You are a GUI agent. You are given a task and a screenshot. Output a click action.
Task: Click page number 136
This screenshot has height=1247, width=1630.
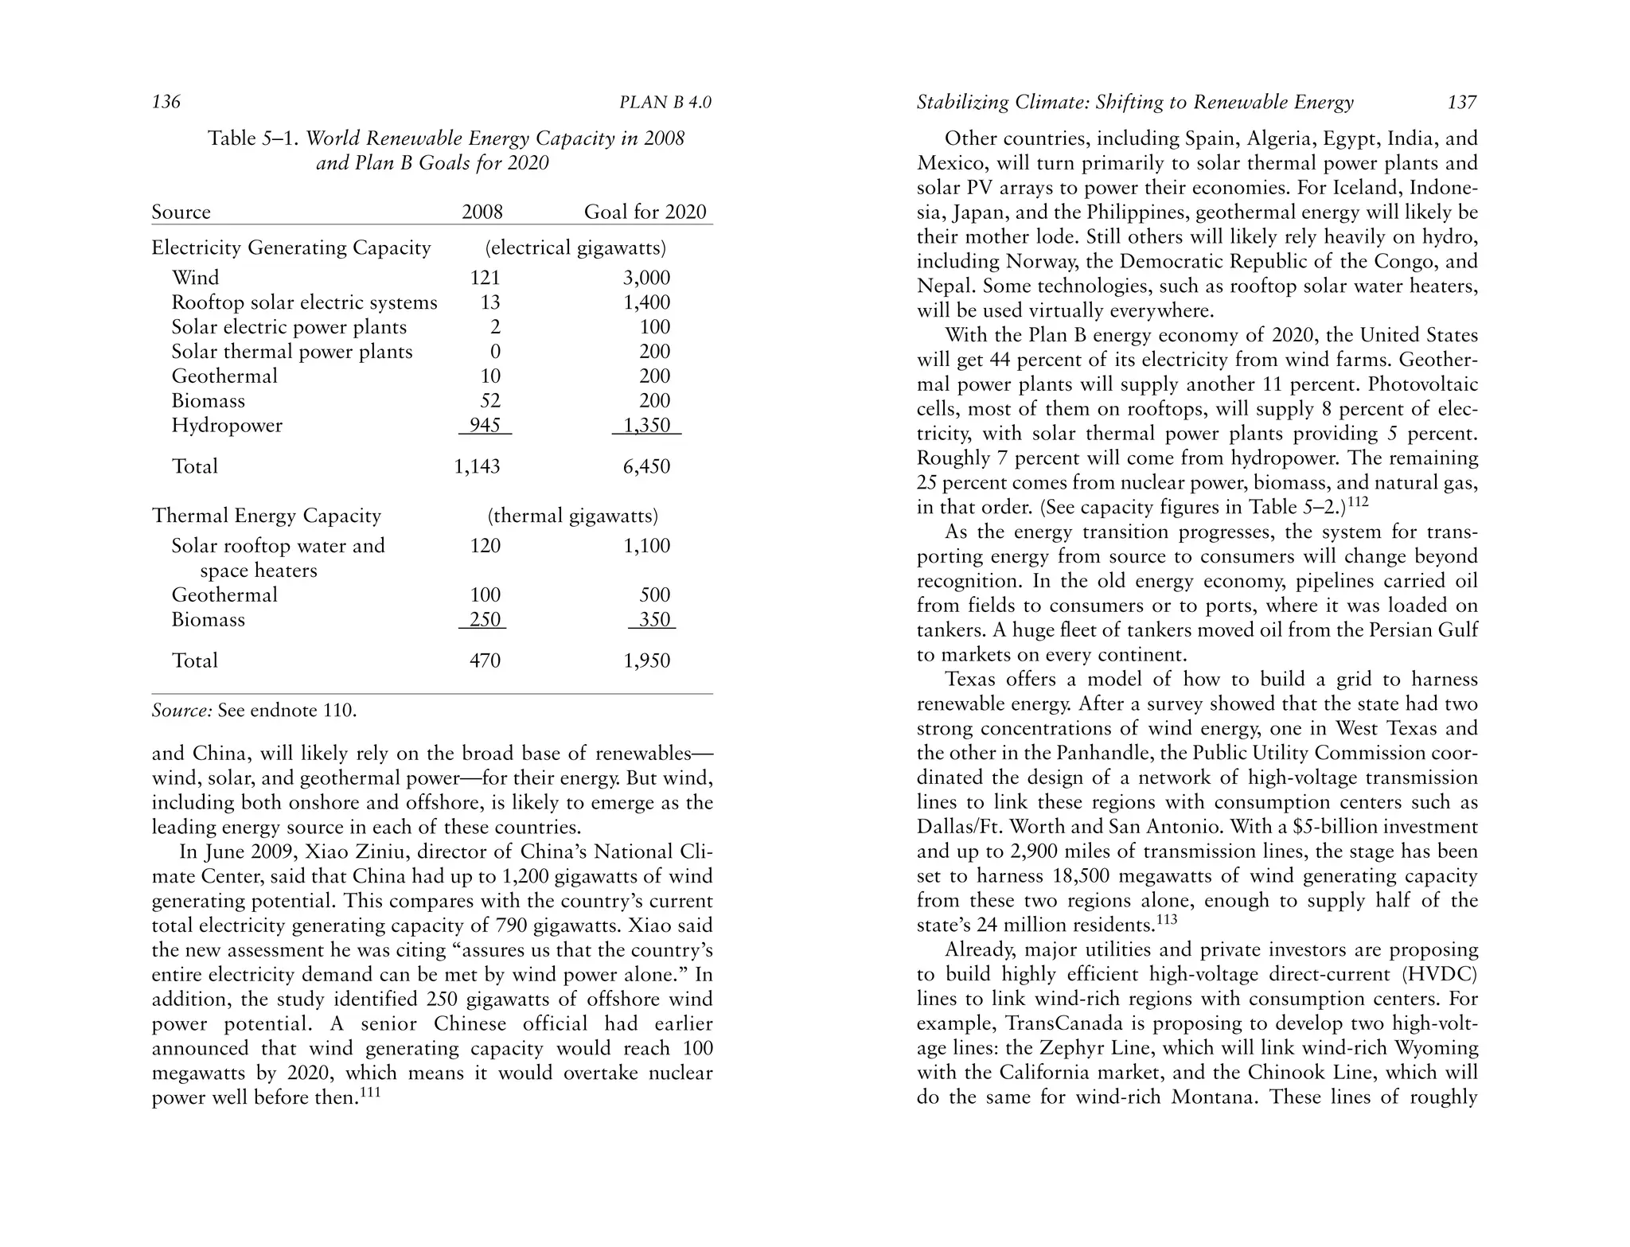click(x=166, y=102)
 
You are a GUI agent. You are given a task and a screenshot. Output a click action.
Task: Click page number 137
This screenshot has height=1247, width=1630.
click(x=1462, y=102)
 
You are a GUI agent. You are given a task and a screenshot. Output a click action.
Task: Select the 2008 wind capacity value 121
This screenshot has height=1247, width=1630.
click(x=485, y=278)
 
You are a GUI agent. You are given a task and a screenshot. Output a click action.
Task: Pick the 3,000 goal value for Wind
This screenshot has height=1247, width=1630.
click(x=646, y=278)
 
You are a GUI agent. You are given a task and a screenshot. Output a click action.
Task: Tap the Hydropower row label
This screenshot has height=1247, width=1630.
click(x=227, y=426)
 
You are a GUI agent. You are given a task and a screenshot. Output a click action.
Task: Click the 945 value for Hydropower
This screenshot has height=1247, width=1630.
click(x=485, y=425)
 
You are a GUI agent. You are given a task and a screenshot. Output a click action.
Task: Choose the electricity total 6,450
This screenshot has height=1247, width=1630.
click(x=646, y=466)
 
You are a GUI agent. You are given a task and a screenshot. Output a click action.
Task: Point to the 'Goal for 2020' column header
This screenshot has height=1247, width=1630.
click(x=645, y=212)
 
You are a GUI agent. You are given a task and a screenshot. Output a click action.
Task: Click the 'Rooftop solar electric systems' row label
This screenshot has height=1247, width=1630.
click(x=304, y=302)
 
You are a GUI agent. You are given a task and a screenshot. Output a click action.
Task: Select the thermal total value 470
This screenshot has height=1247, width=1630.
click(x=485, y=661)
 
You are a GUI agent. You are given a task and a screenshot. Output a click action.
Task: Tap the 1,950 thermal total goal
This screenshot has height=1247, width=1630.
click(x=646, y=661)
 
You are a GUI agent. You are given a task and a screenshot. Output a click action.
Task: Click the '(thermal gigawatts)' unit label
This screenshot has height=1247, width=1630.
click(x=573, y=516)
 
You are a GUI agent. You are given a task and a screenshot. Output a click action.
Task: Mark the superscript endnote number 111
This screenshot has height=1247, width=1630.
click(x=370, y=1093)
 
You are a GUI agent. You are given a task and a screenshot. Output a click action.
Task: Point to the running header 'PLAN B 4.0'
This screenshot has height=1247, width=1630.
click(x=665, y=103)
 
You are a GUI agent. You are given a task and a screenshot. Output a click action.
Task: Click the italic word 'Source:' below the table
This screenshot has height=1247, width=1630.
click(x=181, y=710)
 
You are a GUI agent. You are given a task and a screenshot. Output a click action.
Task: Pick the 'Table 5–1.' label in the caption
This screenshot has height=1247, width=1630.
click(x=253, y=138)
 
